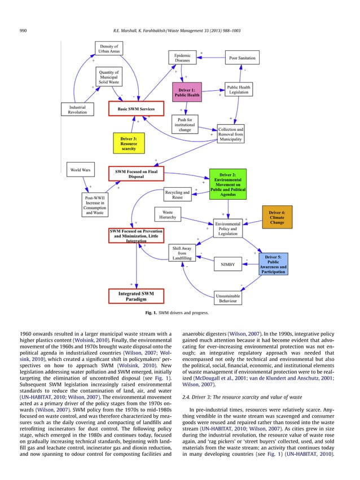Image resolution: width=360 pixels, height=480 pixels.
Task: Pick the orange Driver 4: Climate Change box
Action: (x=277, y=218)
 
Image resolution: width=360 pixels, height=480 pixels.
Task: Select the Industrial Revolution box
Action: (x=77, y=109)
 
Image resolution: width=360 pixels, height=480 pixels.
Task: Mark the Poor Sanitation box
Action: (x=242, y=58)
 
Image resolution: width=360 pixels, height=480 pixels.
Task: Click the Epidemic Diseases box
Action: (x=182, y=58)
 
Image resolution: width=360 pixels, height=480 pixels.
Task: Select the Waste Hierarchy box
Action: (x=168, y=215)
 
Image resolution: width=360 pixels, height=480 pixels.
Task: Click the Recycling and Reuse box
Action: (x=178, y=195)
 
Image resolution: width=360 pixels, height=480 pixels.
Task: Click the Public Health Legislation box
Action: (x=239, y=90)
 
